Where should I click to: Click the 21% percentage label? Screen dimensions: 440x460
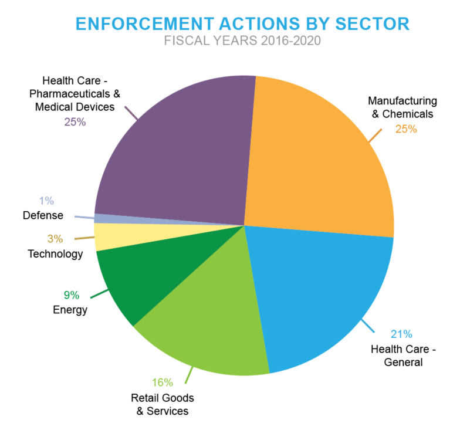pyautogui.click(x=402, y=334)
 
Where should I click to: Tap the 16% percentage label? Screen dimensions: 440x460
pyautogui.click(x=163, y=383)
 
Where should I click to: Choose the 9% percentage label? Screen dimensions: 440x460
pyautogui.click(x=71, y=296)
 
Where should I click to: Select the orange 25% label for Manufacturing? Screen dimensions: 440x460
pyautogui.click(x=405, y=128)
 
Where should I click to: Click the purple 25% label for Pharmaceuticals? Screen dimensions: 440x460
pyautogui.click(x=75, y=122)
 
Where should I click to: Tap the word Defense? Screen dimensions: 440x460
pyautogui.click(x=43, y=215)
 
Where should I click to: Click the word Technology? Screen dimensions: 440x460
pyautogui.click(x=55, y=254)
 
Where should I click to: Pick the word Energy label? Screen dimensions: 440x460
pyautogui.click(x=70, y=310)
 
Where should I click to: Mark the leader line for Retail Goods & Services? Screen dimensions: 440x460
pyautogui.click(x=190, y=373)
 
